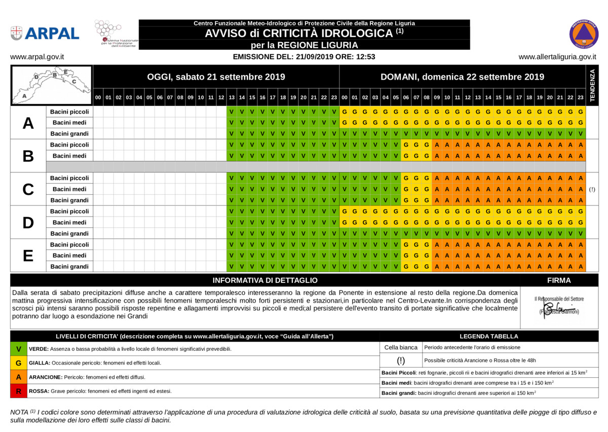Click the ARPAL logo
click(45, 33)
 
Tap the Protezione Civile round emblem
click(584, 34)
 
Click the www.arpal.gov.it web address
click(37, 57)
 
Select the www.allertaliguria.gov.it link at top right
click(557, 57)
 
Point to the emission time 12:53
click(365, 57)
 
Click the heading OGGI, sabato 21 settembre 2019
click(216, 77)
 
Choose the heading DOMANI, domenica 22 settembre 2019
click(462, 77)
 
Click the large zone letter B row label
click(28, 156)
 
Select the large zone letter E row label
click(28, 256)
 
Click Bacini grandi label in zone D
click(69, 233)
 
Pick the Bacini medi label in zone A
click(69, 123)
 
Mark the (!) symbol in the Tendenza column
click(592, 189)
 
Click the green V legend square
click(19, 349)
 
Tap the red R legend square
click(19, 391)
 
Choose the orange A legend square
click(19, 377)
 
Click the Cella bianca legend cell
click(401, 347)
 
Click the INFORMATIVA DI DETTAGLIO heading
click(265, 280)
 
